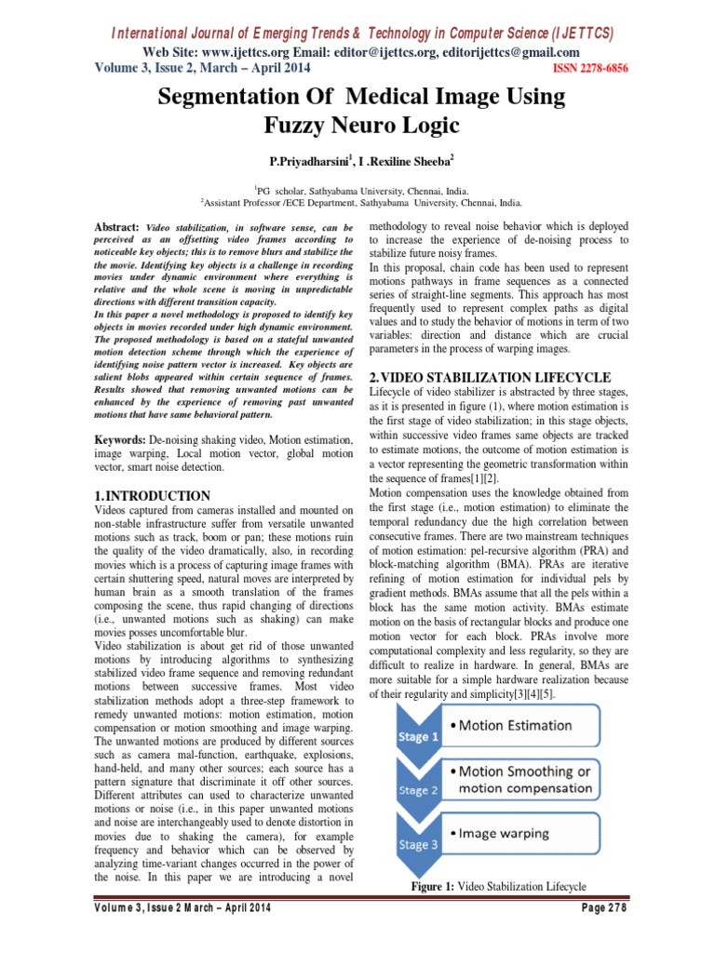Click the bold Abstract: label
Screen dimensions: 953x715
click(117, 228)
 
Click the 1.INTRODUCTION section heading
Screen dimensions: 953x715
click(154, 495)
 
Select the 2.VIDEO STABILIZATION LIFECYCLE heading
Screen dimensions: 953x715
click(490, 378)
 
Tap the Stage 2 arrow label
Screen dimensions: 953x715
click(418, 790)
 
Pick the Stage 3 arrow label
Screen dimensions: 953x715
click(418, 845)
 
